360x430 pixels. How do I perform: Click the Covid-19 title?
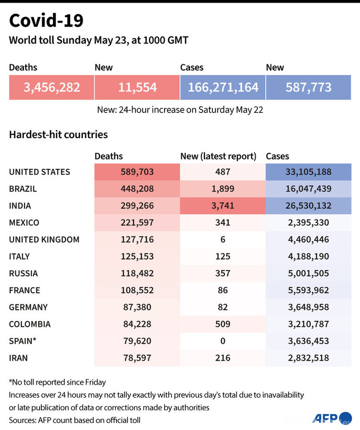point(46,20)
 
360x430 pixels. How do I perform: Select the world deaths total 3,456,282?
point(52,87)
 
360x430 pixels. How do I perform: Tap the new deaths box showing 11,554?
point(137,87)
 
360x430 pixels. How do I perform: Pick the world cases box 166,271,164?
point(223,87)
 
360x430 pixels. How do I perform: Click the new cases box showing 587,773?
point(308,87)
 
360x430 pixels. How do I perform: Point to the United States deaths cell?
point(137,172)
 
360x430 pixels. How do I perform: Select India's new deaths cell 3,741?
point(223,206)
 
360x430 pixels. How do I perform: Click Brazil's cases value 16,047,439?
point(308,189)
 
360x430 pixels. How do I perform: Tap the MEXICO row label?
point(24,223)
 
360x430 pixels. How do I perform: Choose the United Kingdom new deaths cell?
point(223,239)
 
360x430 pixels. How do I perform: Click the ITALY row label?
point(20,256)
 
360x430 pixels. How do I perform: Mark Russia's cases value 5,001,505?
point(308,273)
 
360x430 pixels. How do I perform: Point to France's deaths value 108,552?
point(137,290)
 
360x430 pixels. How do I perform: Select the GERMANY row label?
point(28,307)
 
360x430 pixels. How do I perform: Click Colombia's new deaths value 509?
point(223,324)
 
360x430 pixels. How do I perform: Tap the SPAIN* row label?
point(22,341)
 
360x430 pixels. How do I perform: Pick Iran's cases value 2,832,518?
point(308,358)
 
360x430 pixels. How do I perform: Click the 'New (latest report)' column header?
point(218,156)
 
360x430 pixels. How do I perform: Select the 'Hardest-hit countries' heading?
point(58,134)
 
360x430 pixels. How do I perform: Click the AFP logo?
point(326,418)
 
